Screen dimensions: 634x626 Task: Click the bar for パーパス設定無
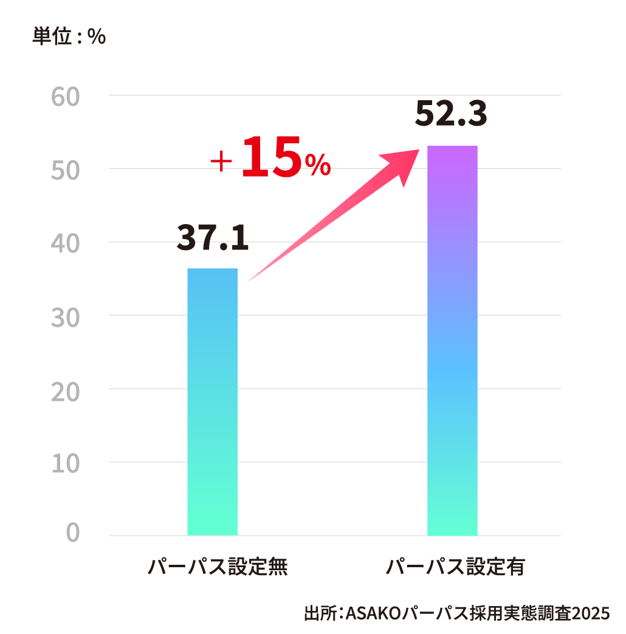click(x=212, y=401)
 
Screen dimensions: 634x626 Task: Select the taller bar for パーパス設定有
click(x=452, y=341)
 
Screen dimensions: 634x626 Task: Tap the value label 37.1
click(x=213, y=238)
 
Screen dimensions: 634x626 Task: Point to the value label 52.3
click(x=451, y=114)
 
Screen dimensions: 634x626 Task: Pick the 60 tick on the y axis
click(x=66, y=97)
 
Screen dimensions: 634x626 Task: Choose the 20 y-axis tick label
click(x=66, y=390)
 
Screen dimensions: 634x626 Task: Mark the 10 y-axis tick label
click(x=66, y=463)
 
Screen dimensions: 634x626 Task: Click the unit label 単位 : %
click(x=69, y=37)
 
